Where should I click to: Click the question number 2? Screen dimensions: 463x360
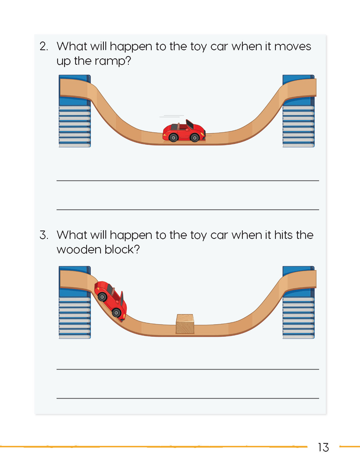(44, 46)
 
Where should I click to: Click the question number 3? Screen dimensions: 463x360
(44, 235)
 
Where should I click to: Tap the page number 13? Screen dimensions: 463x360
(323, 447)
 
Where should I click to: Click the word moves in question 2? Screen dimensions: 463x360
(292, 46)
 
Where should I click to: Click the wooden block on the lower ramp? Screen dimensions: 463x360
(185, 324)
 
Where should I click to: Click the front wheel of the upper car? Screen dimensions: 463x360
(195, 138)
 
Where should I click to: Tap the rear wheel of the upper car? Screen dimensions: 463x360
(173, 137)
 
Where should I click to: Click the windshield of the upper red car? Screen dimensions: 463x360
(190, 124)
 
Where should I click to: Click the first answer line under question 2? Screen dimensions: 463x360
(188, 181)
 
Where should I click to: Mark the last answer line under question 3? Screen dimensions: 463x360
(188, 398)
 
